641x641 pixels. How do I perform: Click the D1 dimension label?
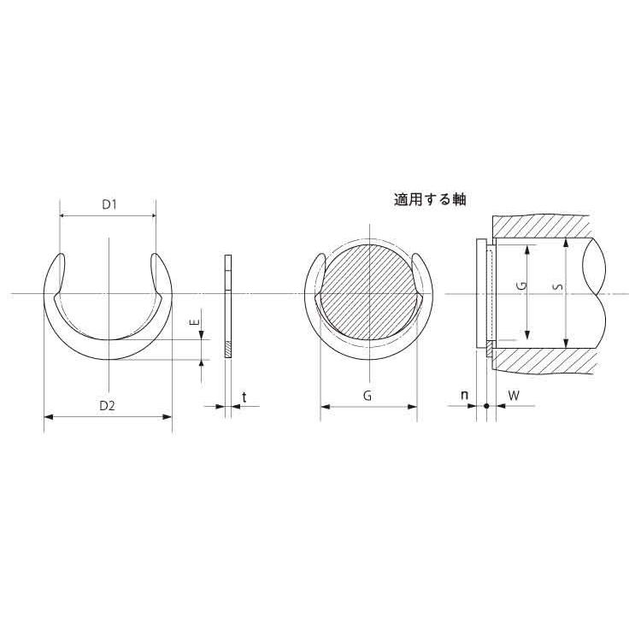(x=109, y=204)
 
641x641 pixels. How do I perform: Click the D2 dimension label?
(x=108, y=405)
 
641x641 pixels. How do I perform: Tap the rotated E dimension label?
(x=196, y=322)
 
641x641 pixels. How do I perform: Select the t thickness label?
(x=244, y=397)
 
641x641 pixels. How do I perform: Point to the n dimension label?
(x=464, y=396)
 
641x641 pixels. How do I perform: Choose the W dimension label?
(x=514, y=396)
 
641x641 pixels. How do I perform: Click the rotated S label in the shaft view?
(x=559, y=287)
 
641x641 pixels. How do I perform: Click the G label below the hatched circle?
(x=368, y=396)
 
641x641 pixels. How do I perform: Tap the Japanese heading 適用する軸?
(x=430, y=200)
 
